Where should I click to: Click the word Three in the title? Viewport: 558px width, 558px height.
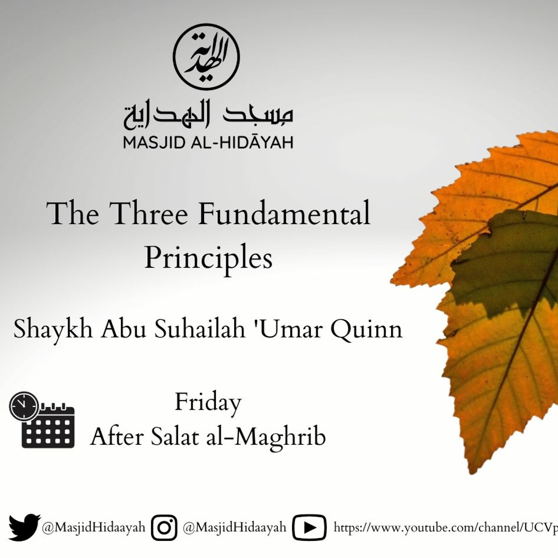tap(148, 213)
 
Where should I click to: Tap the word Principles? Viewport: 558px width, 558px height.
tap(208, 257)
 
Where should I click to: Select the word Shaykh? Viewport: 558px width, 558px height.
tap(53, 329)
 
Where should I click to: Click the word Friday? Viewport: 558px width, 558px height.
tap(208, 404)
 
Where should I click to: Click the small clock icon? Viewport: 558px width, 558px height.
tap(24, 407)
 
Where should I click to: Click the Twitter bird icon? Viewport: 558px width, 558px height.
tap(24, 528)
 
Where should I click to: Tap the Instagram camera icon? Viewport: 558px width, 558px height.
tap(164, 528)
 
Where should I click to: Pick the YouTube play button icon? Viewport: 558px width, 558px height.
tap(309, 528)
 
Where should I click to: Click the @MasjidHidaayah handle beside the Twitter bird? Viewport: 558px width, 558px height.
tap(94, 528)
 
